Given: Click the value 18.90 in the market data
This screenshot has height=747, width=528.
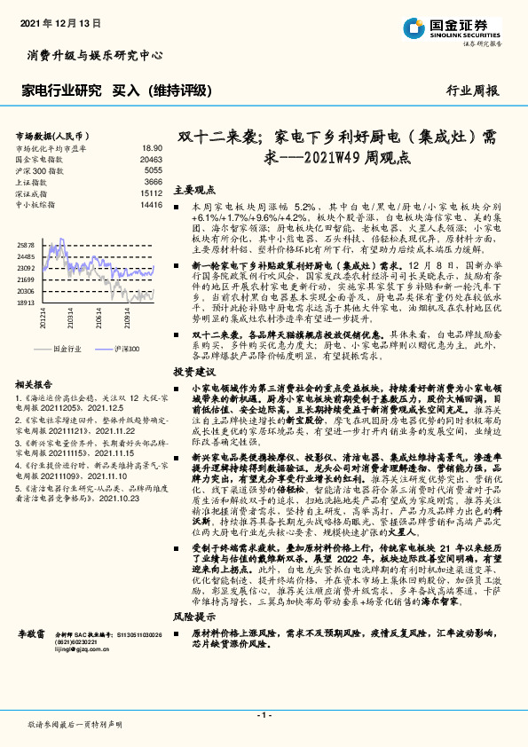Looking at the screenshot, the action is tap(152, 148).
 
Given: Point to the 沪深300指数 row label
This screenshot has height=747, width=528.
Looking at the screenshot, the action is tap(40, 169).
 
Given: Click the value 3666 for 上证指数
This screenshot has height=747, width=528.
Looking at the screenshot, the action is tap(153, 181).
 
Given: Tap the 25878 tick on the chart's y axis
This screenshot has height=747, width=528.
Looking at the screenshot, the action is tap(26, 243).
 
